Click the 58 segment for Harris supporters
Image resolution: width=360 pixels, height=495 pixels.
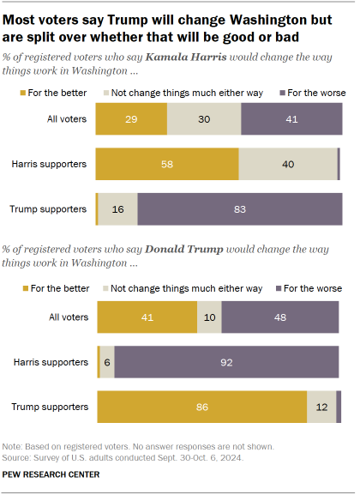(x=167, y=161)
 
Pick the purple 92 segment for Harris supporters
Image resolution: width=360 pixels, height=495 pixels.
(x=226, y=361)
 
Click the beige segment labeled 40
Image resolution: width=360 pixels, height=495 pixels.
(x=287, y=161)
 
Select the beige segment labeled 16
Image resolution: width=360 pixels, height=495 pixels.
(x=117, y=208)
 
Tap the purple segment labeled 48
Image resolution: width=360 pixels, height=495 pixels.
(x=280, y=316)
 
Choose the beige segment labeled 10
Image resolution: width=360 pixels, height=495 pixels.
(x=209, y=316)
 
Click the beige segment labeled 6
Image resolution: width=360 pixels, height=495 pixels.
(x=107, y=361)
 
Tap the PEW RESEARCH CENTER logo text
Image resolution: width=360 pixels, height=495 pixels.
(x=51, y=474)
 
